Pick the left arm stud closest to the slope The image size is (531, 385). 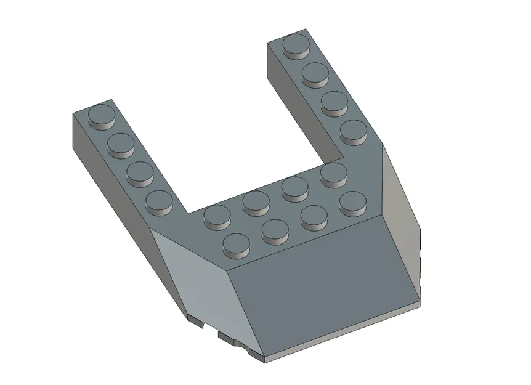[x=160, y=200]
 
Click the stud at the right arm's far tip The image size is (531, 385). [x=296, y=45]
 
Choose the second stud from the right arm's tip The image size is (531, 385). [x=315, y=73]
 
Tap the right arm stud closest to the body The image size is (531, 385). [x=353, y=130]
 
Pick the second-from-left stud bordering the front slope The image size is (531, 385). [x=275, y=229]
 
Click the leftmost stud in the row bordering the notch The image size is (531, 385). [x=216, y=215]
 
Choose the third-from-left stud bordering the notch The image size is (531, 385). [x=294, y=187]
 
